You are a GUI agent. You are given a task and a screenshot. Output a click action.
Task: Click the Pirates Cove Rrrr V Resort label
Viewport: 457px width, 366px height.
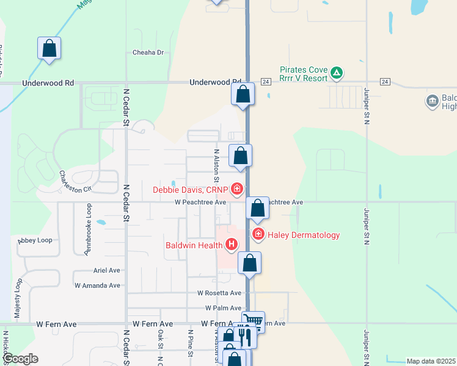click(303, 74)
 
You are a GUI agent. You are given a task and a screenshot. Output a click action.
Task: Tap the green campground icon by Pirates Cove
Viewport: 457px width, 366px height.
click(336, 74)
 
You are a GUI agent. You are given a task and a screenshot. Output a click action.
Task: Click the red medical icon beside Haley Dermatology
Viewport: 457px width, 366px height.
click(258, 234)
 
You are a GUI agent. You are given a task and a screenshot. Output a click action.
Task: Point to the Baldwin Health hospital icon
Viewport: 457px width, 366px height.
click(232, 245)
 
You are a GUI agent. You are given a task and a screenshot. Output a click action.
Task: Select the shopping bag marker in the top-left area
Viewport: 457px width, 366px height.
click(49, 48)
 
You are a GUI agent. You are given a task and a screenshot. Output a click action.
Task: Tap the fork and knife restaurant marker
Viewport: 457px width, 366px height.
click(244, 335)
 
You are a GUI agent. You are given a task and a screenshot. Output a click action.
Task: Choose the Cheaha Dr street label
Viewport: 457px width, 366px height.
click(148, 52)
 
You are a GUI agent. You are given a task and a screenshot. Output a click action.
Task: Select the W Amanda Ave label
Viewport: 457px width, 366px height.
click(98, 285)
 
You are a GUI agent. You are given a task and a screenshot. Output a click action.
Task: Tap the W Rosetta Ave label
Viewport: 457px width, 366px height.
click(219, 293)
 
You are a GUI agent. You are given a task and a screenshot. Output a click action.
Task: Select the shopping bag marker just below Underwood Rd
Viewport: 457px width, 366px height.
click(243, 94)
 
